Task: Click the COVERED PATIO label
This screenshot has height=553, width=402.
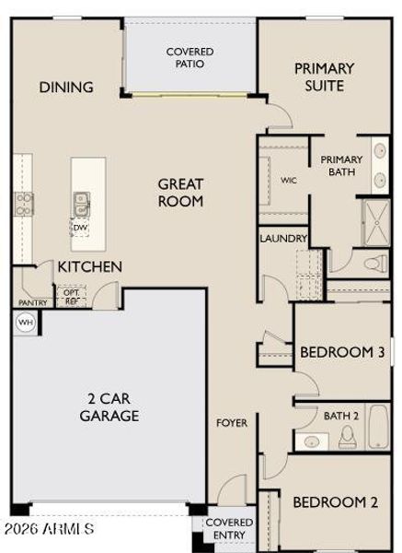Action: point(190,58)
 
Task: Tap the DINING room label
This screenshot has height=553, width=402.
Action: point(66,88)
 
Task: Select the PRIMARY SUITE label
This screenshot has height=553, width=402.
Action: point(324,76)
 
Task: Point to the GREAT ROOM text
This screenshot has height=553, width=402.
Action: point(180,193)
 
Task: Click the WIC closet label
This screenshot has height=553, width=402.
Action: point(289,181)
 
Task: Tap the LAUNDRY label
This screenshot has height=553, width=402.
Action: point(282,238)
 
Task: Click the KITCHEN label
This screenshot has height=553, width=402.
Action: point(90,266)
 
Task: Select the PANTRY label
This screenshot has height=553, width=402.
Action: point(32,302)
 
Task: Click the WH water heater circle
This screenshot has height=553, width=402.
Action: point(25,322)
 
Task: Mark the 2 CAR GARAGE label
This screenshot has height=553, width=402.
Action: point(113,406)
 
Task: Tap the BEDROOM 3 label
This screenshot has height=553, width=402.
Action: point(342,352)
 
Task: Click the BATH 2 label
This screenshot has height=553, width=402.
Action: point(340,416)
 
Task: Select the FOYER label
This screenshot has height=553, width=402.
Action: point(231,423)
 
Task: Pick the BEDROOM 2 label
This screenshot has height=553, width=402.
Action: point(336,502)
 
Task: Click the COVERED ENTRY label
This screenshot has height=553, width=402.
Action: point(229,529)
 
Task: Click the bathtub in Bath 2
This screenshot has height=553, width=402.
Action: point(376,429)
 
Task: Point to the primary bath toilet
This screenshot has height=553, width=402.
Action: point(373,265)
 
